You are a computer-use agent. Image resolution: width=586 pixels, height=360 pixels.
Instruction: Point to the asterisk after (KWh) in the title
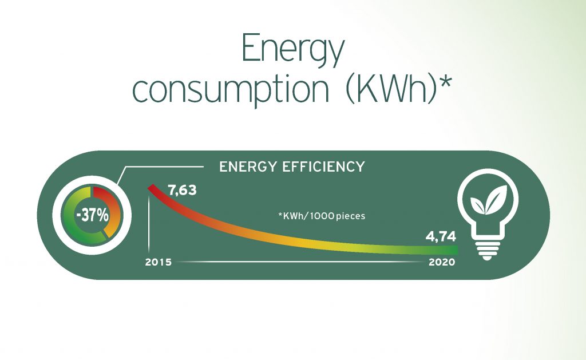click(x=445, y=82)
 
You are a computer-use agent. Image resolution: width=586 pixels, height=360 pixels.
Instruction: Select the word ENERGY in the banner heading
click(x=248, y=167)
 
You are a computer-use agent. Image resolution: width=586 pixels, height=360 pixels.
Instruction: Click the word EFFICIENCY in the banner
click(x=323, y=167)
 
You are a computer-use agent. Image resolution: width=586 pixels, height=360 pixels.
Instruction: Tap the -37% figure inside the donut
click(x=92, y=216)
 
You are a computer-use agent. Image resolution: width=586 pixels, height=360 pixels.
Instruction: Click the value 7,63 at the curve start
click(x=182, y=190)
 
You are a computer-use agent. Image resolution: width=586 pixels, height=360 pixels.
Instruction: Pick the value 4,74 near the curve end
click(x=441, y=236)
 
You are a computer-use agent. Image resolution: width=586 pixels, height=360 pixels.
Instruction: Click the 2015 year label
click(x=158, y=262)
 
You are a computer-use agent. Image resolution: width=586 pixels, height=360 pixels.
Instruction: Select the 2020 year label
click(x=442, y=262)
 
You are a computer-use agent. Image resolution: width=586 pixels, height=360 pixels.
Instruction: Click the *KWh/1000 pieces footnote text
click(x=322, y=216)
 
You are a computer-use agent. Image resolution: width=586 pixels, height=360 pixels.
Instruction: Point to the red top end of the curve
click(x=151, y=187)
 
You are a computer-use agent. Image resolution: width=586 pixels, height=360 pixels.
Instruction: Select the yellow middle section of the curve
click(x=307, y=243)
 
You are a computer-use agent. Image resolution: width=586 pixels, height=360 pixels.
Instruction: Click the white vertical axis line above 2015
click(x=149, y=224)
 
